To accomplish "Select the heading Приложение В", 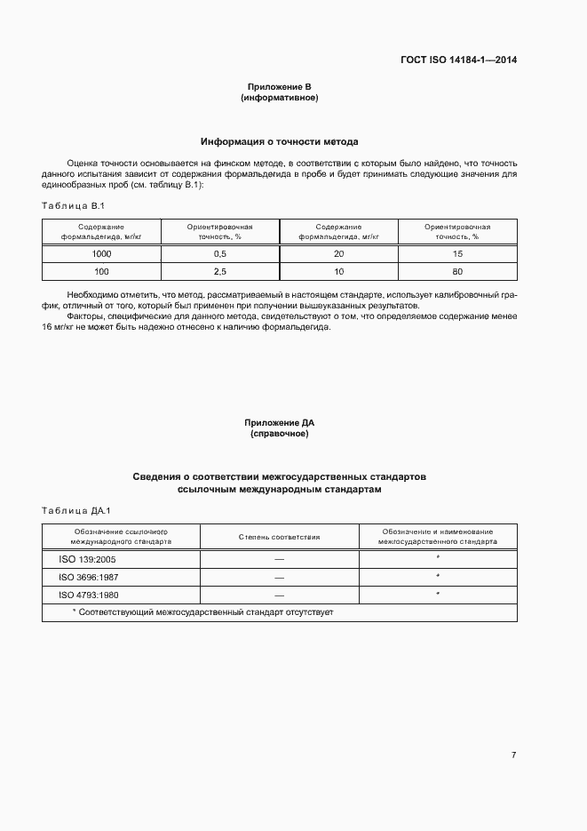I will point(279,87).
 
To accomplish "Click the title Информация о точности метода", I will point(279,141).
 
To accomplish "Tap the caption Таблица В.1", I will point(74,206).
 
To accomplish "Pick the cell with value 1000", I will point(101,253).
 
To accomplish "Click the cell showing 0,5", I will point(220,253).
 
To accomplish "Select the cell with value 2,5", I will point(220,271).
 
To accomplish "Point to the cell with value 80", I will point(457,271).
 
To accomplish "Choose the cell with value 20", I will point(338,253).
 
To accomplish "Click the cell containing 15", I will point(457,253).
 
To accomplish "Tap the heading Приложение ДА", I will point(279,423).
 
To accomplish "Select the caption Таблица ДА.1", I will point(75,510).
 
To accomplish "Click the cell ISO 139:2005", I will point(81,559).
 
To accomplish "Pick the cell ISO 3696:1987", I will point(83,577).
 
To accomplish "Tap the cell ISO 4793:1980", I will point(83,595).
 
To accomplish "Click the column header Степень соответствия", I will point(279,537).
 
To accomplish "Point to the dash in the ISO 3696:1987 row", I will point(279,577).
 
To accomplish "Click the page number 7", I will point(513,755).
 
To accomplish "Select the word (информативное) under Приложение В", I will point(279,98).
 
